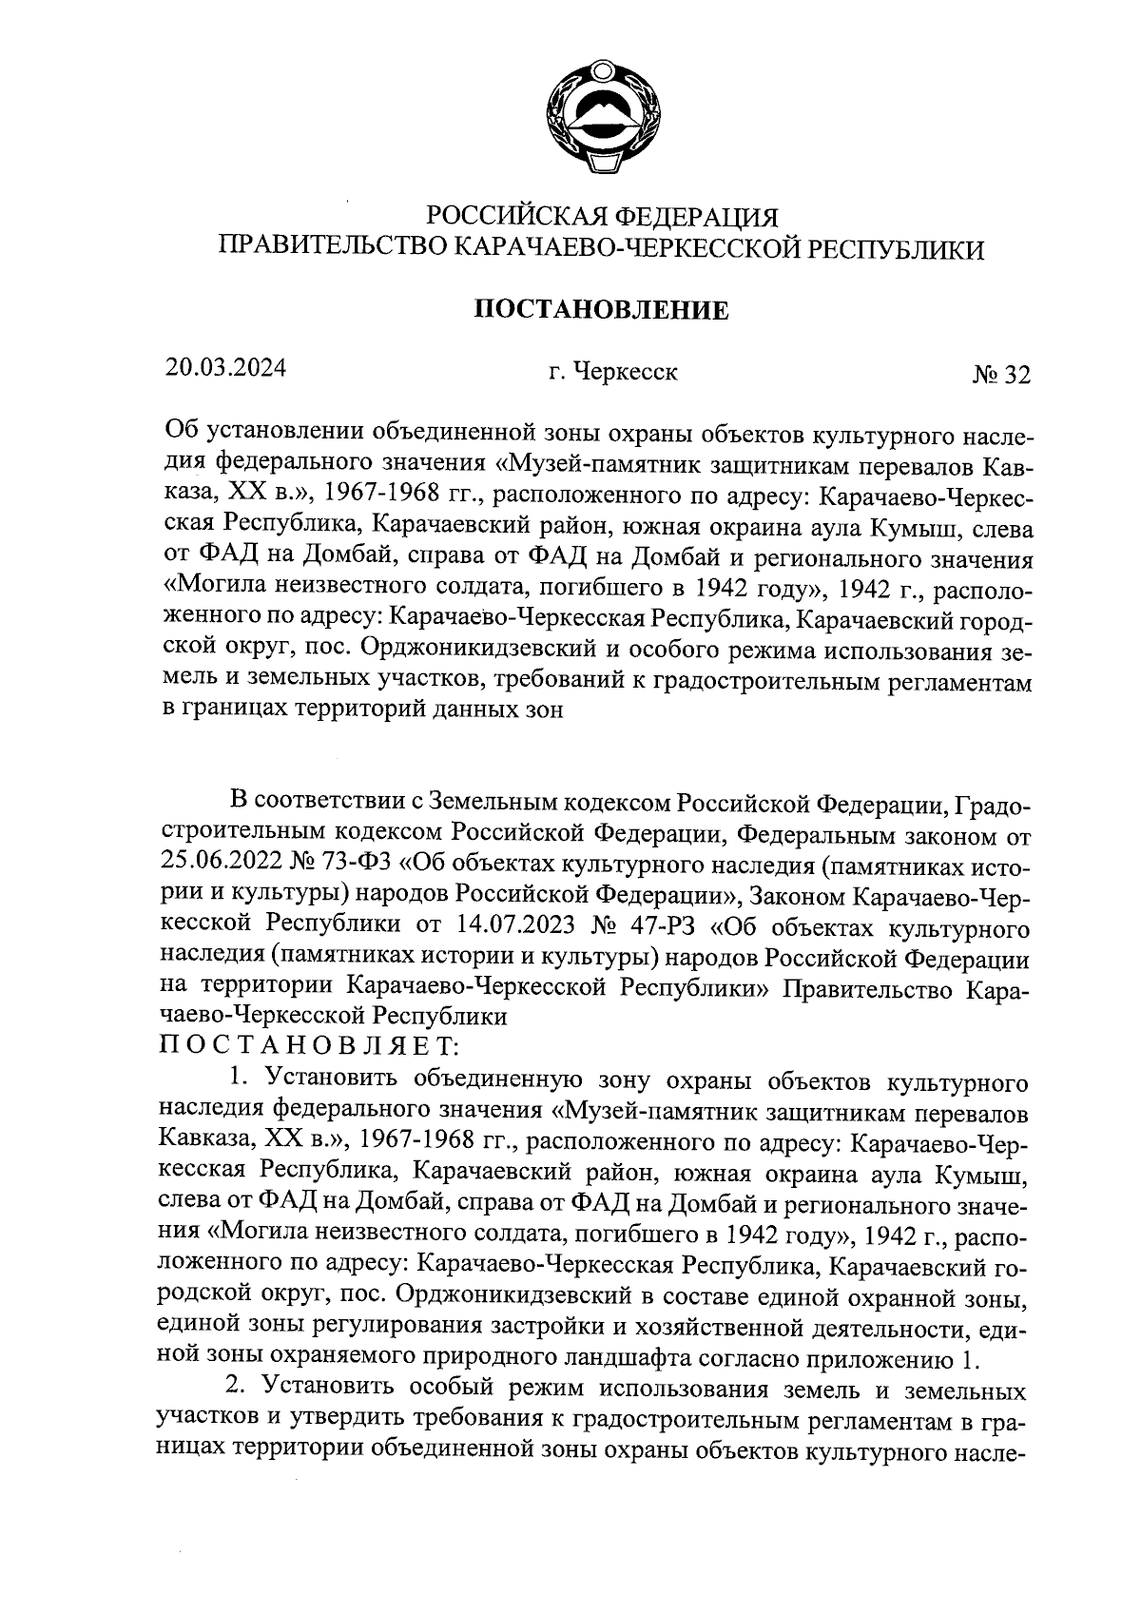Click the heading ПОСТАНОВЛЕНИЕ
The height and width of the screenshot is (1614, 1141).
click(x=601, y=310)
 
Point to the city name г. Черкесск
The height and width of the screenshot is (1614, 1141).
click(x=613, y=372)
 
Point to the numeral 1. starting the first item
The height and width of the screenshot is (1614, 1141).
click(x=238, y=1078)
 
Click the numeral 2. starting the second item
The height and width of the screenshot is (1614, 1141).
click(x=238, y=1390)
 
